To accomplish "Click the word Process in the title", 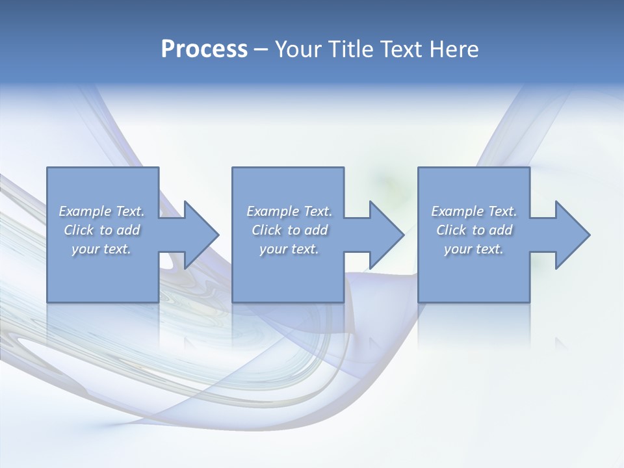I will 204,49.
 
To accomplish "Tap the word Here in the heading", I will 454,49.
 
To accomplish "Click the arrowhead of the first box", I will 201,235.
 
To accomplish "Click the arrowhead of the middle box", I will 387,235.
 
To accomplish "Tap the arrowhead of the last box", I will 573,235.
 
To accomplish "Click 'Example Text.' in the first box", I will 102,211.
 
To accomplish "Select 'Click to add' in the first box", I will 102,230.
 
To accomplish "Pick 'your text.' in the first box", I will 102,249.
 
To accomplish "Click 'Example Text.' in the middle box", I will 289,211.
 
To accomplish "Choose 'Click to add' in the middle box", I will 289,230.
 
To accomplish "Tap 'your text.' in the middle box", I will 289,249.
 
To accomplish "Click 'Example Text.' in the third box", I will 474,211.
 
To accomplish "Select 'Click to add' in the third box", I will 474,230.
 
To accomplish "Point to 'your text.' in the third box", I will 474,249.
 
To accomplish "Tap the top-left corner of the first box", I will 47,168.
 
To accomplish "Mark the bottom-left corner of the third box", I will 419,302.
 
